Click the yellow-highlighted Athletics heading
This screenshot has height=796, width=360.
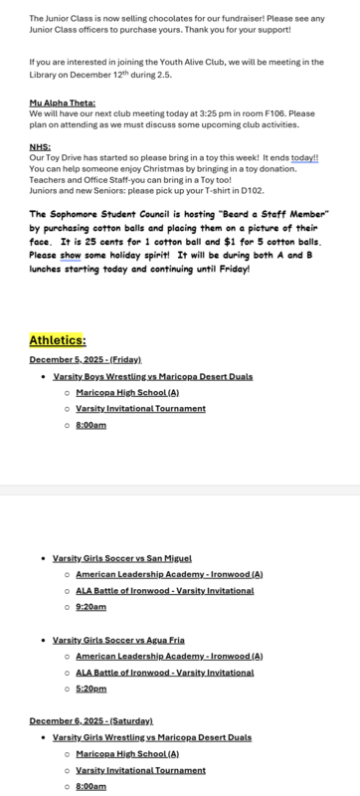58,340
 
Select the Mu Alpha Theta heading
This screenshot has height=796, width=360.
57,102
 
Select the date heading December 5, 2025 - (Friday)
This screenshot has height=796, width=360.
86,359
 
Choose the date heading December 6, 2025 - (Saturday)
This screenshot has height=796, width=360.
90,719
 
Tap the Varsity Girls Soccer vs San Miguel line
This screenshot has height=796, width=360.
121,558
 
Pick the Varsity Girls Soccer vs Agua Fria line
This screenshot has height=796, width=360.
118,640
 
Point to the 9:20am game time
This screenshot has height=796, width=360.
90,607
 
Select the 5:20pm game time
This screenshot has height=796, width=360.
90,689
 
